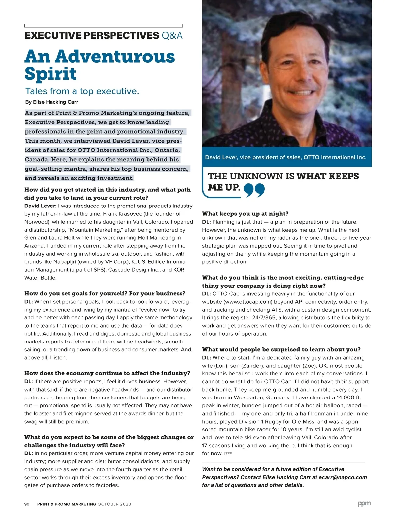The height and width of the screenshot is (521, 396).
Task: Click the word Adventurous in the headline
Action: click(115, 57)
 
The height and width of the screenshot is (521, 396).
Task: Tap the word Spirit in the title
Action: click(50, 74)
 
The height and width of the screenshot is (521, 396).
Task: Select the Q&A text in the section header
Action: click(172, 36)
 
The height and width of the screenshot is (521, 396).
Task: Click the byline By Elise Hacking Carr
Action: click(51, 102)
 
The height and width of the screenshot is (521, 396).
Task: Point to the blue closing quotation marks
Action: click(254, 190)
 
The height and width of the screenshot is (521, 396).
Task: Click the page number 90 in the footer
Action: click(27, 504)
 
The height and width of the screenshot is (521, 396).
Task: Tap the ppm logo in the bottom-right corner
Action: click(364, 503)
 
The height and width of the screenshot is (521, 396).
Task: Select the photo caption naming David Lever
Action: click(285, 157)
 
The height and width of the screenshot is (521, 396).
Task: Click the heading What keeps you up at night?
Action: click(245, 214)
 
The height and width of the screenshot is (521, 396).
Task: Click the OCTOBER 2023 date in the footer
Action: click(114, 504)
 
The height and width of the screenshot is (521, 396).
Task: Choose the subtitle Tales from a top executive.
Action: click(82, 91)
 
